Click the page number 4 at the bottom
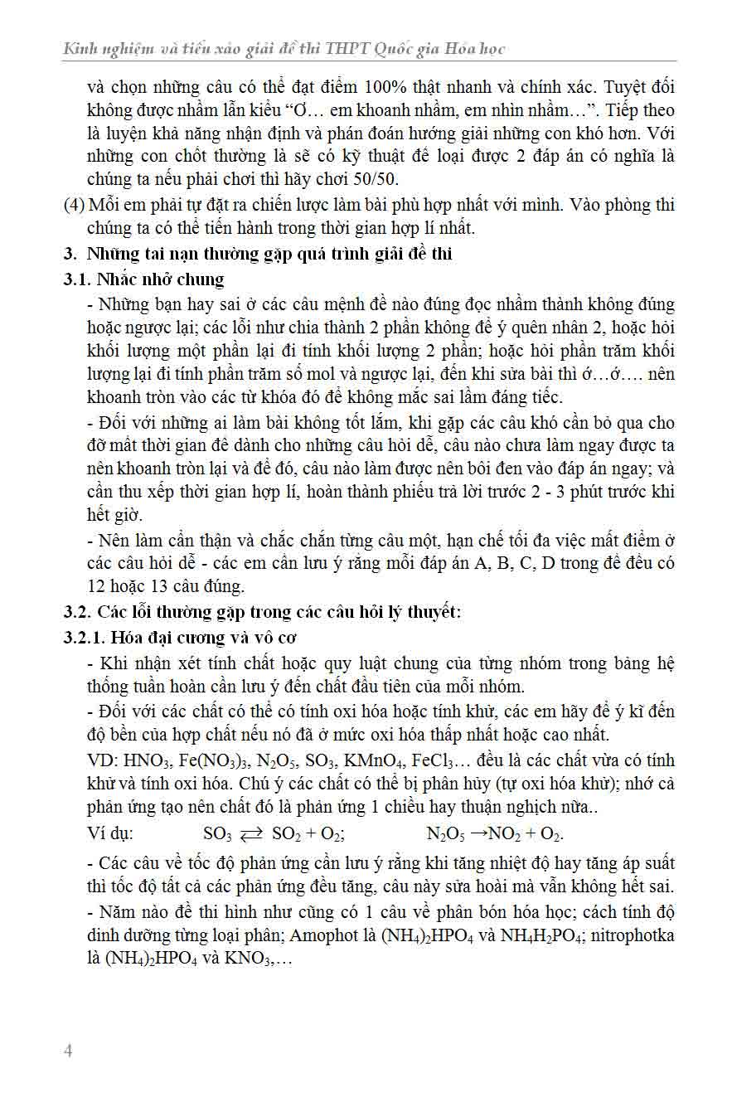coord(68,1051)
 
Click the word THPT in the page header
coord(351,49)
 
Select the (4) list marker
coord(74,205)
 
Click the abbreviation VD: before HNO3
coord(103,761)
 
